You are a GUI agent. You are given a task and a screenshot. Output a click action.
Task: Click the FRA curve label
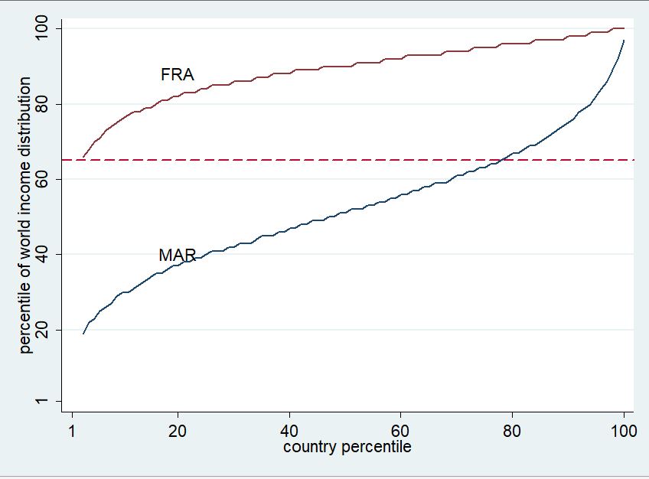click(x=178, y=75)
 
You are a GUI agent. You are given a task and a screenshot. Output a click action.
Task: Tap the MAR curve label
click(x=178, y=256)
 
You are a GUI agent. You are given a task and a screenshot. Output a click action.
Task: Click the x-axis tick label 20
click(x=178, y=430)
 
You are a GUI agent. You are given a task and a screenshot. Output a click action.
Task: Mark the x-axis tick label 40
click(x=289, y=430)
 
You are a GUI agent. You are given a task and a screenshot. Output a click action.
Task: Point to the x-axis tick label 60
click(x=401, y=430)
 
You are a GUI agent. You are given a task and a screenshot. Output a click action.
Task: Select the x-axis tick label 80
click(x=512, y=430)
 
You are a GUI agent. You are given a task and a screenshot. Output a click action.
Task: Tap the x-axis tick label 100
click(x=623, y=430)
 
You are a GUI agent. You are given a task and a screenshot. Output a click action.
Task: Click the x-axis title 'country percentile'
click(x=347, y=447)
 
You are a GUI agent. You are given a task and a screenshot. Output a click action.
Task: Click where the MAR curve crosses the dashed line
click(x=503, y=159)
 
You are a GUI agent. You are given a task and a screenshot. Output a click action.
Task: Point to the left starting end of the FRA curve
click(x=83, y=156)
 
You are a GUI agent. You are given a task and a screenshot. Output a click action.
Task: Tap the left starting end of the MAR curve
click(x=83, y=333)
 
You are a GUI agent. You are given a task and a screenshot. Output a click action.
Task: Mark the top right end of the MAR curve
click(x=624, y=41)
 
